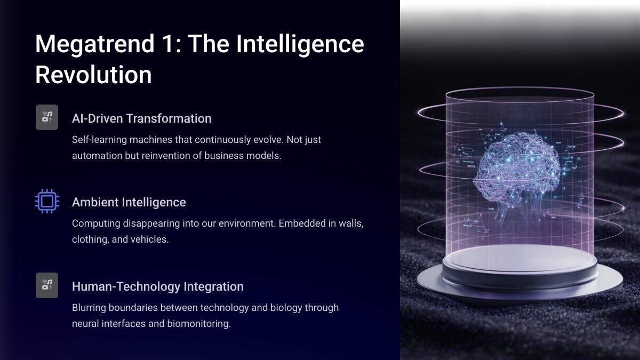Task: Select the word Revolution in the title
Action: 93,74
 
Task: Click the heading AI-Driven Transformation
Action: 142,118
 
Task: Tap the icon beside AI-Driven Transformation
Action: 47,117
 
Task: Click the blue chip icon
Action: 47,201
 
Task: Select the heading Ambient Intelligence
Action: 129,202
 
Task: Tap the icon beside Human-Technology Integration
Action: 47,285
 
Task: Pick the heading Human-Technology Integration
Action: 158,286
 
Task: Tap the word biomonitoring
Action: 199,324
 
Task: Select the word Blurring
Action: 89,308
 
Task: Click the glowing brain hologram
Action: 517,169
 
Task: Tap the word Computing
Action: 96,223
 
